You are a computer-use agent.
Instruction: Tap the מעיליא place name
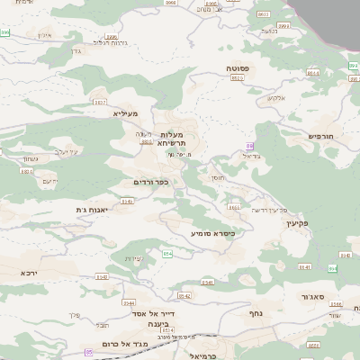coord(124,113)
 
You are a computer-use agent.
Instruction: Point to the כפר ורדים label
coord(150,182)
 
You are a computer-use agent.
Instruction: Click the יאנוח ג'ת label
coord(93,210)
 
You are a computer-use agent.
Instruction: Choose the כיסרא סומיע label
coord(211,233)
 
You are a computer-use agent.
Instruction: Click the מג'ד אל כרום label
coord(132,344)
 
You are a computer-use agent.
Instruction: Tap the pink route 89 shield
coord(250,146)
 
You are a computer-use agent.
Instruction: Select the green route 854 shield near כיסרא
coord(167,254)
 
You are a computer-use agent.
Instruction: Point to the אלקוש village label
coord(277,96)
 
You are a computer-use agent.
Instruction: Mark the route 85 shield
coord(88,353)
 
